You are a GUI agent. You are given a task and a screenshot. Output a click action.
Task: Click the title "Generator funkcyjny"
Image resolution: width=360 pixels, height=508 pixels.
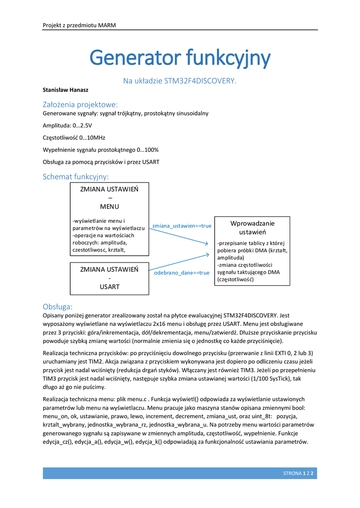pos(180,59)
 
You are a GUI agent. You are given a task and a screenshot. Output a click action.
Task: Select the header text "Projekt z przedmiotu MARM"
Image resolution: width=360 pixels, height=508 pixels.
pos(79,25)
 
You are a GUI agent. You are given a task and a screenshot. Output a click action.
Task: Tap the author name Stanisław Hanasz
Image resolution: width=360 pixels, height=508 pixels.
pos(65,90)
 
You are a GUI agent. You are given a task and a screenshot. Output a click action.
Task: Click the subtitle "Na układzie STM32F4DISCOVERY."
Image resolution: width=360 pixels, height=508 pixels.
pos(180,80)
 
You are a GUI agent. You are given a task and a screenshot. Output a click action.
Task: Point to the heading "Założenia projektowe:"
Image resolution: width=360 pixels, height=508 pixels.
pos(80,104)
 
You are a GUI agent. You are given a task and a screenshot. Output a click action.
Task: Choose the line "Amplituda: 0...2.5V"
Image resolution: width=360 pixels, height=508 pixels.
pos(68,126)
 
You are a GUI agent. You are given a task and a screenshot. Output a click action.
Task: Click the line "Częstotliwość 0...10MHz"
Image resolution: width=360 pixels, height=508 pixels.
pos(74,137)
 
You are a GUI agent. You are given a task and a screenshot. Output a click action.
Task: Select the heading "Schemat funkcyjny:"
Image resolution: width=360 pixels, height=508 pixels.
pos(75,177)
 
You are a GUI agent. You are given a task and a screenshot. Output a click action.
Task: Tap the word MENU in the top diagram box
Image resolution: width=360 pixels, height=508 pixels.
pos(109,206)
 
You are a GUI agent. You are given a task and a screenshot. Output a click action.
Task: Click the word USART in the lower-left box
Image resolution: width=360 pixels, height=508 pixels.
pos(109,286)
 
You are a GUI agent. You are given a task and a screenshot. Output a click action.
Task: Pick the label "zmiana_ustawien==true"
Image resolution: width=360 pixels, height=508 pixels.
pos(182,226)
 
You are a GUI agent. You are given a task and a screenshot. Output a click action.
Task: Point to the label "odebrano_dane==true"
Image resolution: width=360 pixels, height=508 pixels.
pos(182,273)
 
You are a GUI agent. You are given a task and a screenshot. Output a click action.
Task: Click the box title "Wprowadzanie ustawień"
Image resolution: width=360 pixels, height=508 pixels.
pos(252,228)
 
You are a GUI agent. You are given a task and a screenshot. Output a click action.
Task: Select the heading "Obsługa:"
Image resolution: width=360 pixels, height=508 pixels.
pos(58,307)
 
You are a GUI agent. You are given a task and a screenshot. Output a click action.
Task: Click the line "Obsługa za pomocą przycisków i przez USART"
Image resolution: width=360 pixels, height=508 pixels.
pos(101,162)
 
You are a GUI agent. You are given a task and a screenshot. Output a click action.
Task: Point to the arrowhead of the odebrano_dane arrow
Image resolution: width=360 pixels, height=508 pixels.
pos(208,254)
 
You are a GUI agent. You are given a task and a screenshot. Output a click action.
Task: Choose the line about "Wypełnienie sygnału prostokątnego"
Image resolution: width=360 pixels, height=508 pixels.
pos(101,149)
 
